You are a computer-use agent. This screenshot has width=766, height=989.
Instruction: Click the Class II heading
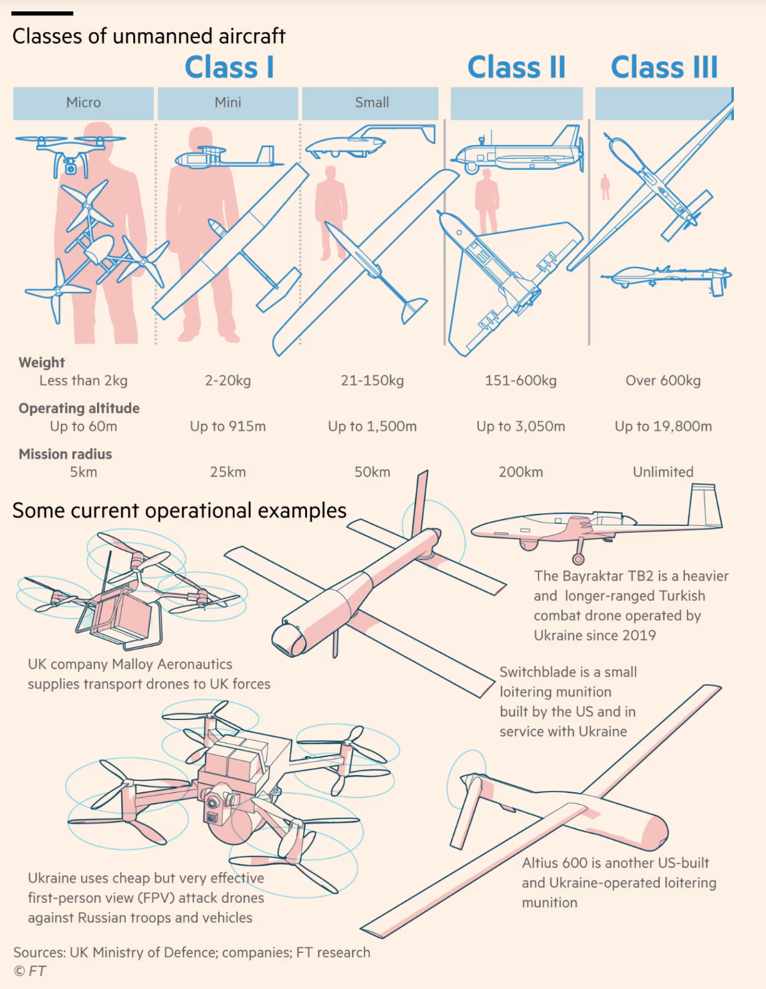tap(516, 68)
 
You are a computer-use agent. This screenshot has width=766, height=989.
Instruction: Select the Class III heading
tap(664, 68)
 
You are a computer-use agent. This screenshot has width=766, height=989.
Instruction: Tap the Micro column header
tap(84, 102)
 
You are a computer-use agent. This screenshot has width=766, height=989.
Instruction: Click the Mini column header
tap(228, 102)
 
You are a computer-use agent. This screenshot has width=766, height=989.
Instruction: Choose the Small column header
tap(372, 102)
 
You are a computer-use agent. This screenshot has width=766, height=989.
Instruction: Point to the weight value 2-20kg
tap(228, 381)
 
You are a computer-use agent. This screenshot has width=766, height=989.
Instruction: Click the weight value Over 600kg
tap(663, 381)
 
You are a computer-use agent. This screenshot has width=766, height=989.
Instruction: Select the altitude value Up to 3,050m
tap(520, 426)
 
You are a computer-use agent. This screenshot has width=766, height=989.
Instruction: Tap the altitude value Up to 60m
tap(84, 426)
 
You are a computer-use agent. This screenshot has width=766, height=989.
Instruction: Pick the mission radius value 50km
tap(372, 472)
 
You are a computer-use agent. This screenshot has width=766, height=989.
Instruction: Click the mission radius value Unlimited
tap(663, 472)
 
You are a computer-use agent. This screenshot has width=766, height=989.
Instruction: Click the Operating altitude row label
tap(79, 408)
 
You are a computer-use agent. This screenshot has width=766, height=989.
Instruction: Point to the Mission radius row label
tap(66, 454)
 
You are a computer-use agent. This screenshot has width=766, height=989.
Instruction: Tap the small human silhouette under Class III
tap(605, 187)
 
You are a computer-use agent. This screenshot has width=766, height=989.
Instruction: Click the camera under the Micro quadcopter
tap(71, 167)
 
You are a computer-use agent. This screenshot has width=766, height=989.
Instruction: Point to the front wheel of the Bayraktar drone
tap(579, 559)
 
